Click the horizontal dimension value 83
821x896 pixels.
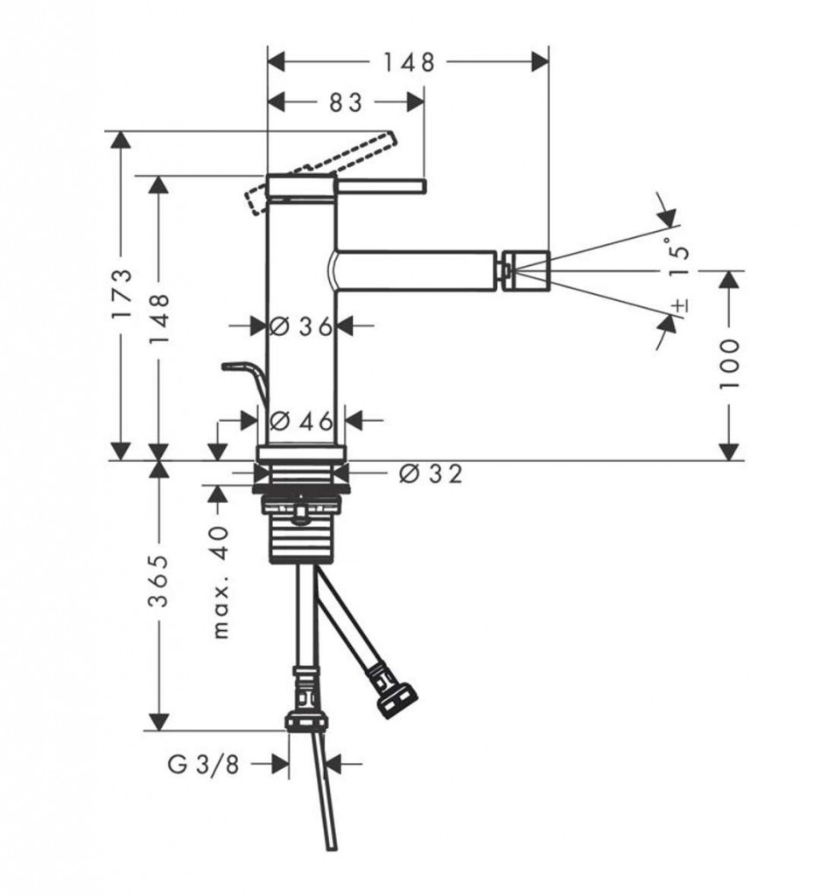(x=347, y=103)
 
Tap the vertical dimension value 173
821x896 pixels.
(x=123, y=294)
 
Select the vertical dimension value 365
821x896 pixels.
(x=158, y=581)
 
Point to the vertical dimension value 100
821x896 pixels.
(x=729, y=365)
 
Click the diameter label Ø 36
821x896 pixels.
(x=301, y=327)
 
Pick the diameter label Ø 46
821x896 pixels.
(x=301, y=422)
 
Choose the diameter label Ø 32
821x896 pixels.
(x=430, y=473)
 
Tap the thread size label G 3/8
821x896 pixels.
(x=204, y=764)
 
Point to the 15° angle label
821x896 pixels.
(x=679, y=261)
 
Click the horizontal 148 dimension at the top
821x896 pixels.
(x=409, y=62)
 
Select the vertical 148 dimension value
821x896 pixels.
(x=158, y=318)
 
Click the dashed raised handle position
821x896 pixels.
(x=320, y=173)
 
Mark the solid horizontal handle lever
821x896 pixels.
(x=382, y=186)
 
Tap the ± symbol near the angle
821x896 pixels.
(x=680, y=305)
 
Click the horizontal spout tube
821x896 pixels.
(x=415, y=270)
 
